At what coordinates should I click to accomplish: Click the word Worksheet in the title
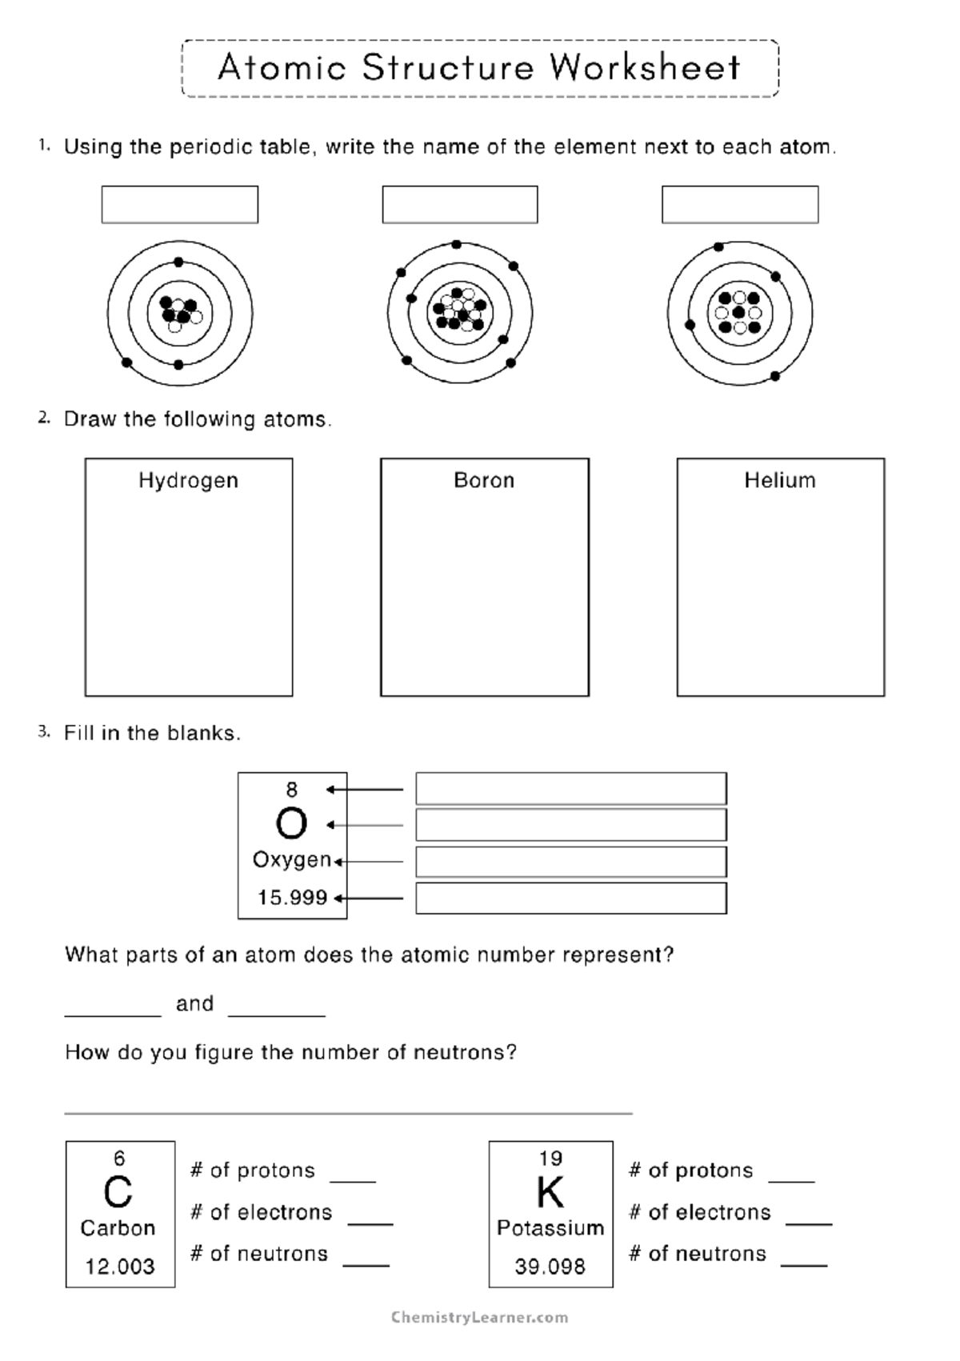click(x=645, y=68)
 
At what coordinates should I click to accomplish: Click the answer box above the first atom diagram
click(x=179, y=205)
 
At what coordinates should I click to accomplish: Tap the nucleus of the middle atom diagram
click(x=459, y=310)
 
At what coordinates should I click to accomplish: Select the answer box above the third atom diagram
click(x=739, y=205)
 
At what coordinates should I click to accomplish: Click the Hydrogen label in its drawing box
click(x=188, y=481)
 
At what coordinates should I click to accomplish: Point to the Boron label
click(x=484, y=481)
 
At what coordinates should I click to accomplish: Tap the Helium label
click(x=780, y=481)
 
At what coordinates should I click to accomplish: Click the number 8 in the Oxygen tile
click(x=291, y=791)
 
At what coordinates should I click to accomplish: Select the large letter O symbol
click(x=291, y=823)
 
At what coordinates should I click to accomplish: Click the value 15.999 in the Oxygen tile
click(x=292, y=898)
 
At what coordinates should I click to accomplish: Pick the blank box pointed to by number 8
click(x=570, y=789)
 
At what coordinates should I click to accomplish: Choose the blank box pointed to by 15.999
click(x=570, y=899)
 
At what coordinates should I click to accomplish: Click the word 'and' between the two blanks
click(x=194, y=1004)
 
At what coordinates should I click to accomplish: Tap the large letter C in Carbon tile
click(x=118, y=1193)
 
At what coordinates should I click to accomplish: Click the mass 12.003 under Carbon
click(x=120, y=1267)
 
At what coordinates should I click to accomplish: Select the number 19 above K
click(x=550, y=1159)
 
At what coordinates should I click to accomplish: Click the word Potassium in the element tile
click(x=550, y=1228)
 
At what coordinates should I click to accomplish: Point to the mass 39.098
click(x=550, y=1267)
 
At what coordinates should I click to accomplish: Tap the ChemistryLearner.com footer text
click(x=479, y=1318)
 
